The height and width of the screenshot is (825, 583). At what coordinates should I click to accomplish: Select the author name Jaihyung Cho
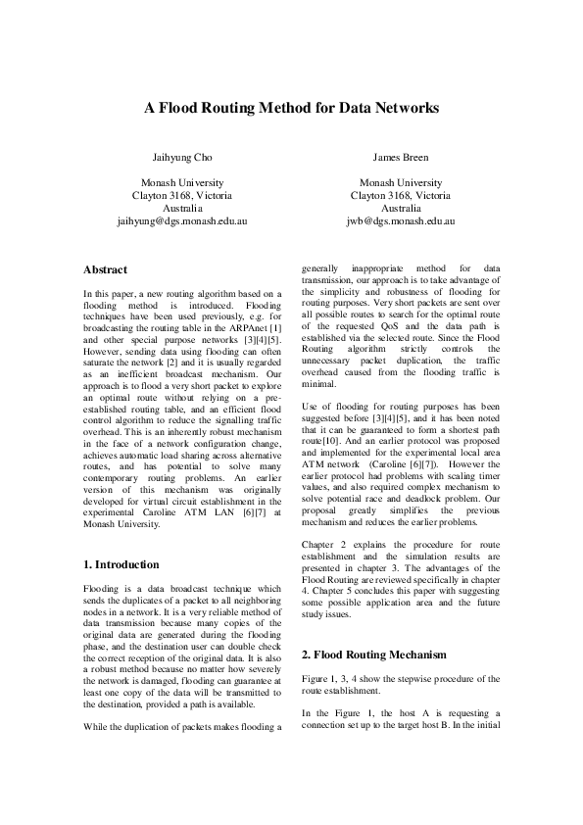(181, 157)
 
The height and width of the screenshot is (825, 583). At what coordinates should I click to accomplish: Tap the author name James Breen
(401, 157)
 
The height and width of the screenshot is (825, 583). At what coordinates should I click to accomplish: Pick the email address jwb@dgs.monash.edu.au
(401, 222)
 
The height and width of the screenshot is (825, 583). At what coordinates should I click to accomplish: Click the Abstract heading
(105, 268)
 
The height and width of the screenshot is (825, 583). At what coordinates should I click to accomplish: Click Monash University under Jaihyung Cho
(181, 183)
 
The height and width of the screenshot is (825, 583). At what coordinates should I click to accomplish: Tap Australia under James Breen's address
(401, 209)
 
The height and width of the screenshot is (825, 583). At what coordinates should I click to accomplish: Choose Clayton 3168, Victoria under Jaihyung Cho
(181, 196)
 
